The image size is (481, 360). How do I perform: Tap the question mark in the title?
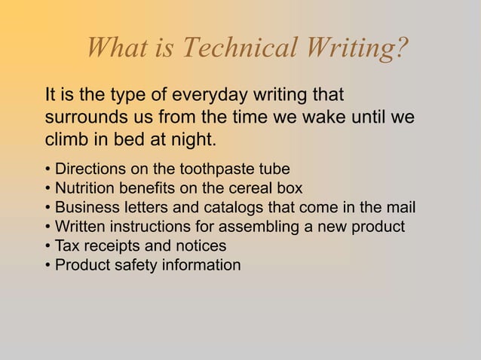tap(401, 49)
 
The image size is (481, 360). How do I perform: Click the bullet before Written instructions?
tap(47, 227)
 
